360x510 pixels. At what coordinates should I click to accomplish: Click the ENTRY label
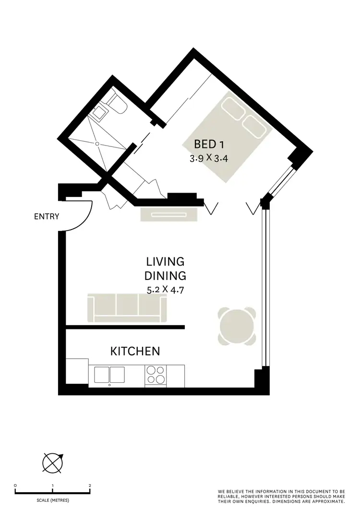47,217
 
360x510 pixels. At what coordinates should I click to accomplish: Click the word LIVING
166,262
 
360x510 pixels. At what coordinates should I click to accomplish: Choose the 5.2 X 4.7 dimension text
166,290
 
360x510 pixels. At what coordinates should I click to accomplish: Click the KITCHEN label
135,352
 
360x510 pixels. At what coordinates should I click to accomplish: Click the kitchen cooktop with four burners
156,375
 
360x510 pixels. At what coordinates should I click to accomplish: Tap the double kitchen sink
109,375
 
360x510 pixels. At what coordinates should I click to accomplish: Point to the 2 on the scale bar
90,486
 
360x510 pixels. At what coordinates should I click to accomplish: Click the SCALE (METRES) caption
52,500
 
